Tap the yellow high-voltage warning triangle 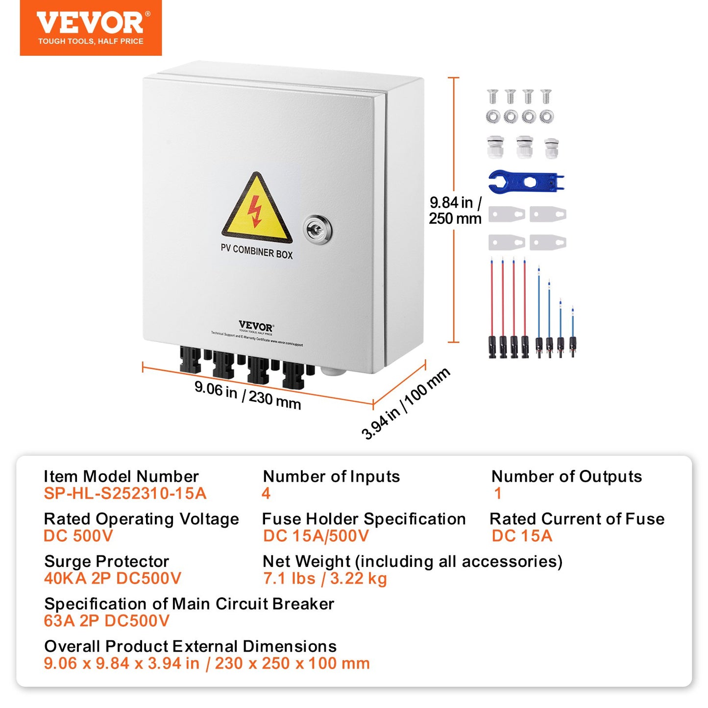tap(256, 210)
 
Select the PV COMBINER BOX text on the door tap(256, 251)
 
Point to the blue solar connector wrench tap(526, 182)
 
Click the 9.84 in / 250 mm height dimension tap(455, 210)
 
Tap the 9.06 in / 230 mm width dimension tap(247, 395)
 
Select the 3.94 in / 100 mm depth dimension tap(405, 404)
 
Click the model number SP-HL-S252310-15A tap(125, 493)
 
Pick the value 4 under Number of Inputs tap(266, 493)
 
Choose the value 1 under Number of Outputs tap(498, 493)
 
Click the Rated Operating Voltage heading tap(141, 519)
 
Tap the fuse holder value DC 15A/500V tap(316, 536)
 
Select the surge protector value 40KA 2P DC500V tap(113, 579)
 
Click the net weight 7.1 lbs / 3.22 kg tap(325, 579)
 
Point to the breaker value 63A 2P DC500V tap(106, 621)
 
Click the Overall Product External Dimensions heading tap(190, 646)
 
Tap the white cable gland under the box tap(333, 370)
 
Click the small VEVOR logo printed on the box tap(256, 326)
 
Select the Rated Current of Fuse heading tap(577, 519)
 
